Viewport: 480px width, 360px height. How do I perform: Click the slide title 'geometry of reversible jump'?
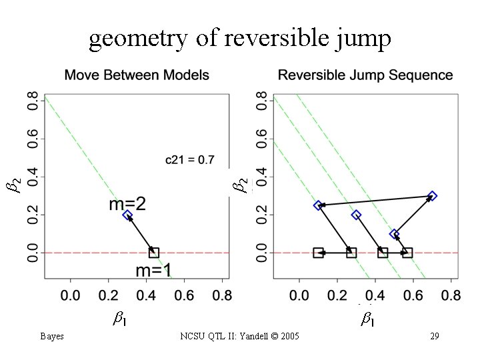tap(240, 40)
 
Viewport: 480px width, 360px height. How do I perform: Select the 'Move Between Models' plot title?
tap(137, 75)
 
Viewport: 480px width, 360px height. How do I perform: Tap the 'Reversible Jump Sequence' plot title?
tap(365, 75)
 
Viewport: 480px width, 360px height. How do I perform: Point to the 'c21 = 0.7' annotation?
tap(190, 161)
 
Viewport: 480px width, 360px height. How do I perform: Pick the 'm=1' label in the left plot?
tap(155, 270)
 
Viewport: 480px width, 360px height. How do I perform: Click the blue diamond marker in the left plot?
tap(127, 215)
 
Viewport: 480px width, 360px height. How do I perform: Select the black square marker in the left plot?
tap(154, 253)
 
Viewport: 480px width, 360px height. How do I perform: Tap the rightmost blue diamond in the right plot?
tap(433, 196)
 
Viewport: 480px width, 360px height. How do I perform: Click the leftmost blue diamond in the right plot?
tap(318, 205)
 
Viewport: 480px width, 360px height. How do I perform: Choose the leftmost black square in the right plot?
tap(318, 253)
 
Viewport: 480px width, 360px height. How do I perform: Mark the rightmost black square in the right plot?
tap(407, 253)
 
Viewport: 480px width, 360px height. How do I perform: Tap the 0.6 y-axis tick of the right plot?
tap(262, 139)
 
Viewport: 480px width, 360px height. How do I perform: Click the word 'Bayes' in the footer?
tap(51, 336)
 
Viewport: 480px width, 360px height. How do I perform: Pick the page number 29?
tap(434, 336)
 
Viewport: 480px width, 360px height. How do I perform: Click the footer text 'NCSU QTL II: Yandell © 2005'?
tap(240, 336)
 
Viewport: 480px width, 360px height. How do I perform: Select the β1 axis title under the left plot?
tap(120, 319)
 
